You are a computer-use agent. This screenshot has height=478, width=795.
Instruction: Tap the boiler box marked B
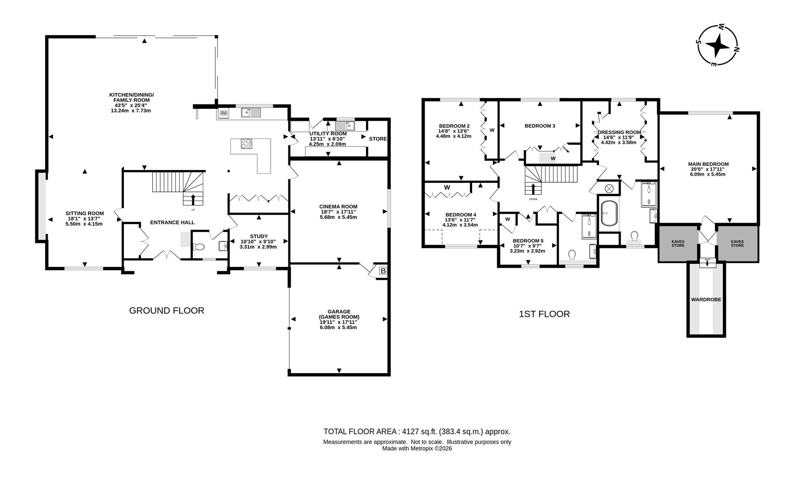383,271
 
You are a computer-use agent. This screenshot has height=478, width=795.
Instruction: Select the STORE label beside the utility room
378,139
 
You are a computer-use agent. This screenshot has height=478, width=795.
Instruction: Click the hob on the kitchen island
246,143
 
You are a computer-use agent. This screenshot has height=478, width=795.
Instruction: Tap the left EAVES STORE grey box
678,243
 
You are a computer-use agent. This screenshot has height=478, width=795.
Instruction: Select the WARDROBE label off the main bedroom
706,300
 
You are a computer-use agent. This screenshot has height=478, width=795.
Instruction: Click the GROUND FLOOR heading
167,311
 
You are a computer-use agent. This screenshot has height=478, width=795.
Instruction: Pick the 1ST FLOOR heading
544,314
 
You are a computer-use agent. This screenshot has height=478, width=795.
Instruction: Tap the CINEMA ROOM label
338,206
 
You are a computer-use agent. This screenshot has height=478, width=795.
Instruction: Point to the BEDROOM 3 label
540,126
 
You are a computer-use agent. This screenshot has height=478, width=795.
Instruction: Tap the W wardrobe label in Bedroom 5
507,219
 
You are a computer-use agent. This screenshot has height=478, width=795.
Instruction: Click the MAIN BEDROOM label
708,164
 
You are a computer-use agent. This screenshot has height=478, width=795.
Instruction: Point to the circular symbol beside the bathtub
609,188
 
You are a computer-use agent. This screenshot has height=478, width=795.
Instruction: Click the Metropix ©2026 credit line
417,448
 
